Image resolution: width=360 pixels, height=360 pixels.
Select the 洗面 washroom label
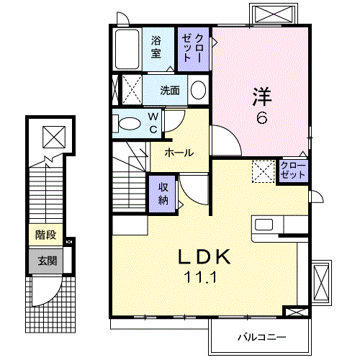[170, 91]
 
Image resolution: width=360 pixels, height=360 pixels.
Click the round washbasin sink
[198, 91]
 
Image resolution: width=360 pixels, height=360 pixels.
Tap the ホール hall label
[177, 153]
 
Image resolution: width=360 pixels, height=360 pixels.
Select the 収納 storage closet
[163, 192]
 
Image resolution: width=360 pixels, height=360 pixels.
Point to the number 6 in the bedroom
[261, 118]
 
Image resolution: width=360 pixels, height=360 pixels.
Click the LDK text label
[204, 256]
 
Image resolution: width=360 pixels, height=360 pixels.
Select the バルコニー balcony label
[261, 336]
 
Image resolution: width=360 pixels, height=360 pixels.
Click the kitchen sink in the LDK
[264, 224]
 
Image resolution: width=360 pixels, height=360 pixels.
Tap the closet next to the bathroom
[194, 48]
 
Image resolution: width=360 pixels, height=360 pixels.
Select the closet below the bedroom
[293, 171]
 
